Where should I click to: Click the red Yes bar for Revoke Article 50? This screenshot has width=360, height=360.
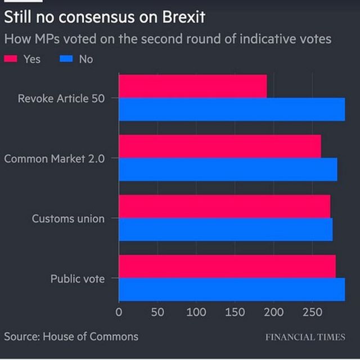[x=192, y=86]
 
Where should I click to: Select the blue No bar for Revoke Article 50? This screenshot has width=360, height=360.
[x=232, y=109]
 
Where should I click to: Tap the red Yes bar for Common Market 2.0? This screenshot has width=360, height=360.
[x=220, y=146]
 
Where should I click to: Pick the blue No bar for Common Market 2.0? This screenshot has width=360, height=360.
[x=228, y=169]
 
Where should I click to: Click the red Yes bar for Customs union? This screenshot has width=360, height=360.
[x=224, y=206]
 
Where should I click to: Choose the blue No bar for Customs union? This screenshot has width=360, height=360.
[x=226, y=229]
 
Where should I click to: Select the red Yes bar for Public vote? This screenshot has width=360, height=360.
[x=227, y=266]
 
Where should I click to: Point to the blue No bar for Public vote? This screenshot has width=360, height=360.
[x=232, y=289]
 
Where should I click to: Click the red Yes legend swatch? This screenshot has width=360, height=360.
[x=11, y=58]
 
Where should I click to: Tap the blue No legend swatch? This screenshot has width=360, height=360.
[x=66, y=58]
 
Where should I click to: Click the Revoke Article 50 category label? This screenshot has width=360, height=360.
[x=61, y=98]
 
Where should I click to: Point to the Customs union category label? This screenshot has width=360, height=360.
[x=68, y=218]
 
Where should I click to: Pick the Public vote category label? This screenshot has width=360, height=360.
[x=78, y=278]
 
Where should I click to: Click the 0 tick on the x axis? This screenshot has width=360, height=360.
[x=119, y=311]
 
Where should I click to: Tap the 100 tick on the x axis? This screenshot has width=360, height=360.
[x=196, y=311]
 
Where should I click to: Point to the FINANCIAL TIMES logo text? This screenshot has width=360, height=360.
[x=305, y=337]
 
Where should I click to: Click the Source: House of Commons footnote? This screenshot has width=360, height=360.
[x=71, y=336]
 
